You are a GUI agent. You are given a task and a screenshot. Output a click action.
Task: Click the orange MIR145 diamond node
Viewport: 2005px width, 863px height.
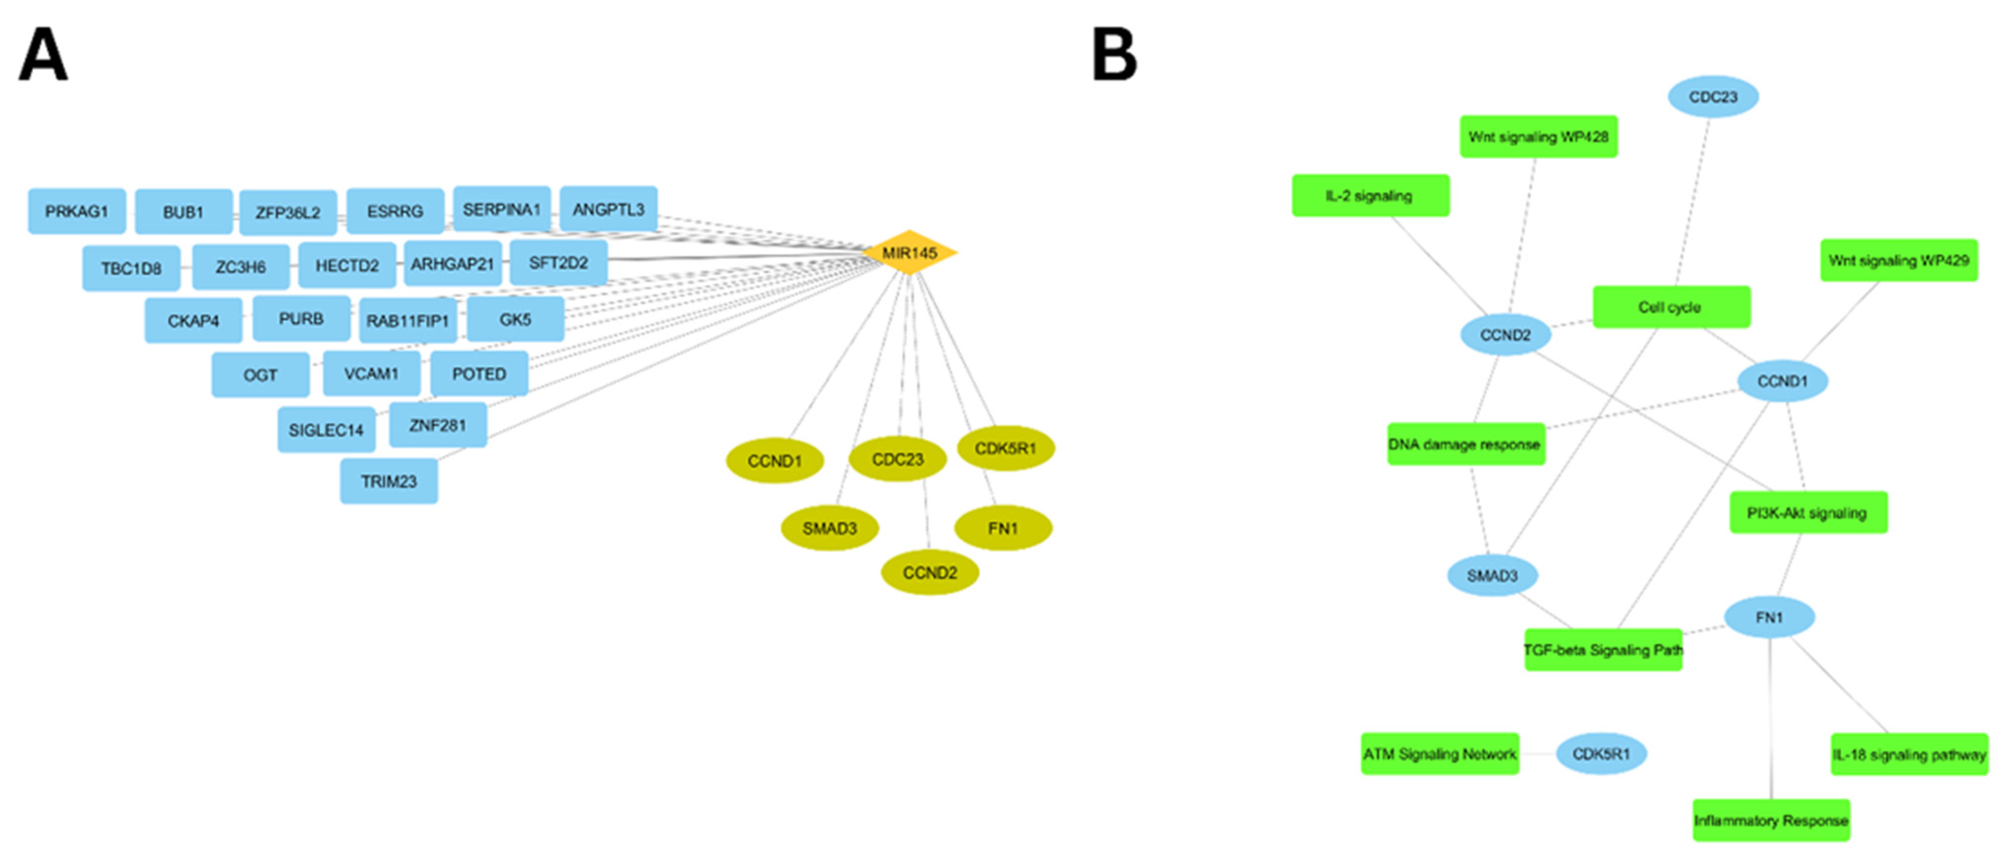(x=909, y=252)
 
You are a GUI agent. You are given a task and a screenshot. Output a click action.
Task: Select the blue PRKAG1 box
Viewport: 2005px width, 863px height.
(x=76, y=211)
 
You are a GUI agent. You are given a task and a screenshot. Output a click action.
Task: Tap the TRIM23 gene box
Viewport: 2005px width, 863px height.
(x=388, y=481)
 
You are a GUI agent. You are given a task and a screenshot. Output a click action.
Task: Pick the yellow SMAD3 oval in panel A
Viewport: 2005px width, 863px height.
(x=830, y=528)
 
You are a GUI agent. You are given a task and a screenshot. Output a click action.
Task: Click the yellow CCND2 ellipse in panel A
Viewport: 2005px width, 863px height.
(x=929, y=572)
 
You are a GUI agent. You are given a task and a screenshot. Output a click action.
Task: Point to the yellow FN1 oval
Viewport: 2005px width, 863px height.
(x=1002, y=528)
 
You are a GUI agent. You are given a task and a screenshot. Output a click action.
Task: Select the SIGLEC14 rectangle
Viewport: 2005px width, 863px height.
(x=326, y=429)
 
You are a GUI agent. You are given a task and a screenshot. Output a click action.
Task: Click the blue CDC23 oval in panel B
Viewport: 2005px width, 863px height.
(x=1713, y=96)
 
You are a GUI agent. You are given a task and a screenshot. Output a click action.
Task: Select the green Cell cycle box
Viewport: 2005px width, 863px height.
(x=1671, y=307)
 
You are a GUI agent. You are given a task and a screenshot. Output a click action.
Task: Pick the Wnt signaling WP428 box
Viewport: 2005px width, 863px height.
(x=1538, y=136)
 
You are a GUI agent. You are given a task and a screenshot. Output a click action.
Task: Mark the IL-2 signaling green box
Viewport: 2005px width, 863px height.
(x=1370, y=196)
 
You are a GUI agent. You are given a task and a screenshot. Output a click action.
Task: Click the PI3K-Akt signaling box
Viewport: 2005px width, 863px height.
(x=1807, y=513)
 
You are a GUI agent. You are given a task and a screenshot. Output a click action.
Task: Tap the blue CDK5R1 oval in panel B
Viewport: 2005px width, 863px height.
(x=1601, y=753)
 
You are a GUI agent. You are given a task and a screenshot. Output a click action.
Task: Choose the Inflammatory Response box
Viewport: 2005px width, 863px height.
(x=1771, y=820)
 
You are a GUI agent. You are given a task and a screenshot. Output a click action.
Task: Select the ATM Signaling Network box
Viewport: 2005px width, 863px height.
(x=1439, y=753)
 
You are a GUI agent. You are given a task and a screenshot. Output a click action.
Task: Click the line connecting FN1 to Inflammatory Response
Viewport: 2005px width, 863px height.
(x=1771, y=717)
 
